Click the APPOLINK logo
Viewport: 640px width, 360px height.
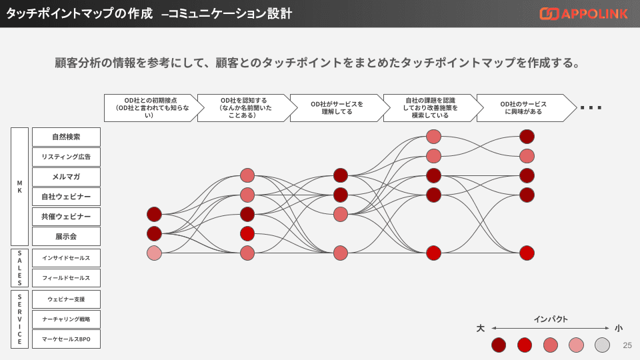[583, 13]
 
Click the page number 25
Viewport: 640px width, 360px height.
[627, 345]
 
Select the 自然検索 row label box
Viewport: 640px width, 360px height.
[66, 137]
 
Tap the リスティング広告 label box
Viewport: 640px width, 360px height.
[66, 157]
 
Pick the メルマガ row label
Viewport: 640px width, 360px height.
[66, 177]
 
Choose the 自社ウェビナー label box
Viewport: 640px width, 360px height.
[66, 197]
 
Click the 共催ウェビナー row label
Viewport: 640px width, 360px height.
[66, 216]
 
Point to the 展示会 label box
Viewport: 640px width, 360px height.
[66, 236]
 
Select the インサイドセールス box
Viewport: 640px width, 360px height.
[66, 258]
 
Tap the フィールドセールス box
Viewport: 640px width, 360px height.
[66, 278]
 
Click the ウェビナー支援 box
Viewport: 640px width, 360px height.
[66, 299]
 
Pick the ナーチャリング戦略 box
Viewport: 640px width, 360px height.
[66, 319]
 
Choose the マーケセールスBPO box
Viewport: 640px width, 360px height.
[66, 339]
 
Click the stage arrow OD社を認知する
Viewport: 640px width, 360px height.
[243, 107]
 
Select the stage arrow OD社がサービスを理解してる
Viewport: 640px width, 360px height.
[337, 107]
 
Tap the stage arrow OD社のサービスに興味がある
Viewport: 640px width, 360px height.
[523, 107]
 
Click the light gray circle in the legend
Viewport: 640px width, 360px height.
[602, 345]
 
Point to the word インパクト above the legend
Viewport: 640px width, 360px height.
[551, 319]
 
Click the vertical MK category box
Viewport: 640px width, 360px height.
[20, 187]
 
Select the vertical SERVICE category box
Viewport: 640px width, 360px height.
[20, 319]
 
